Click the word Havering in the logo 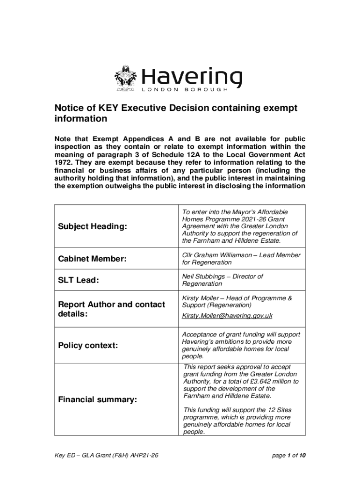192,77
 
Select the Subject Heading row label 92,226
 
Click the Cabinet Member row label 92,259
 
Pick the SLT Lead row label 78,280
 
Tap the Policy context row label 88,346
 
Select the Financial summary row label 97,399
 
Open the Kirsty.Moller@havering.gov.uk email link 227,316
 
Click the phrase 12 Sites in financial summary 279,410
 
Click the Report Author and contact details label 111,309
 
